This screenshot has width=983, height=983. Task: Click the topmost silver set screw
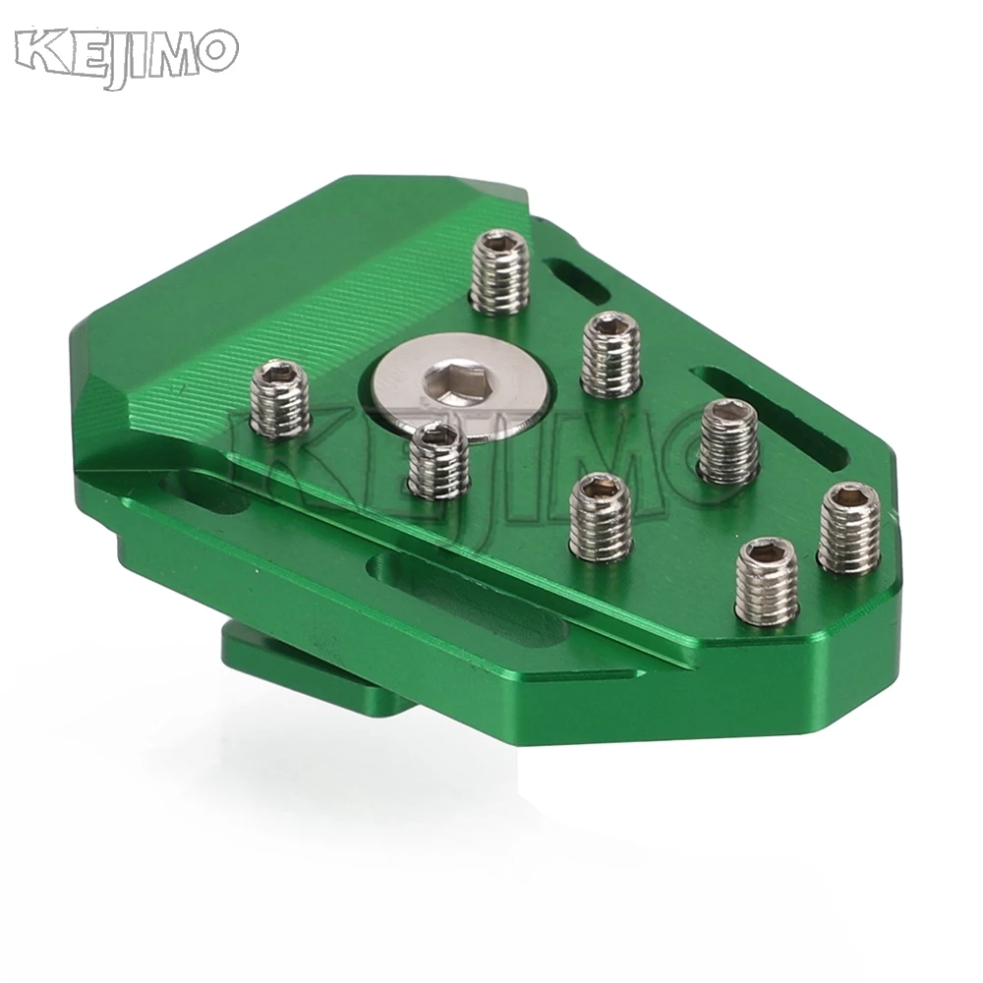click(x=499, y=271)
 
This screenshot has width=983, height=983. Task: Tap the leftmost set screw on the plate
click(x=281, y=399)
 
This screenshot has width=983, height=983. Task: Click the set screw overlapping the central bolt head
click(x=438, y=461)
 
